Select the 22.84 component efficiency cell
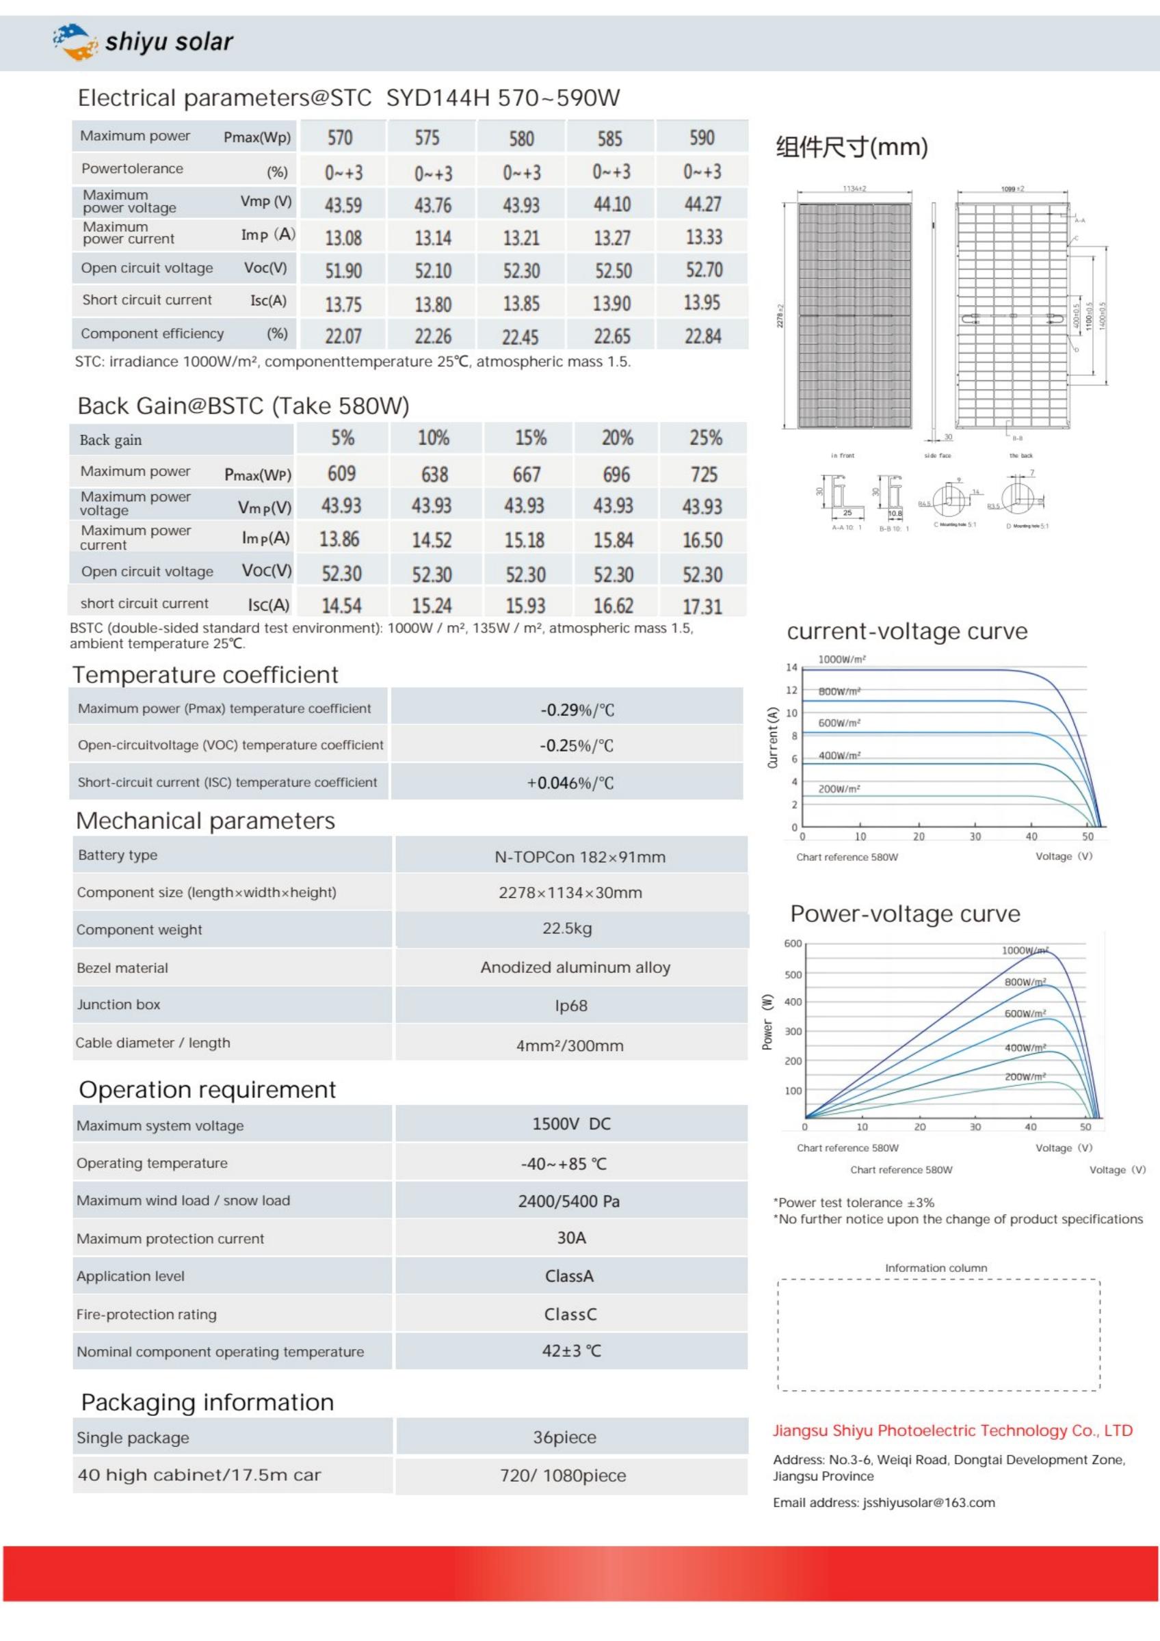(702, 336)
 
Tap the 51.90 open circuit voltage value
(343, 271)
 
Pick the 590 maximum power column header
(702, 137)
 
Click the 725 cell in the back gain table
(704, 474)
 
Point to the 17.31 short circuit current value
(702, 606)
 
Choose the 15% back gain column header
(530, 438)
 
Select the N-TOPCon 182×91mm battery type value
(579, 857)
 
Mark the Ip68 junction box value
(571, 1006)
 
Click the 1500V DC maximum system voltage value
(571, 1123)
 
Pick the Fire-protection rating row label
(146, 1314)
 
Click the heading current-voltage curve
(907, 631)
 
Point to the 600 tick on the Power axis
(793, 944)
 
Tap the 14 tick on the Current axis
(791, 667)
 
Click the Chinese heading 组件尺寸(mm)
(852, 147)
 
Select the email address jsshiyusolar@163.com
(928, 1502)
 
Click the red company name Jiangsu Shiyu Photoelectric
(952, 1430)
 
